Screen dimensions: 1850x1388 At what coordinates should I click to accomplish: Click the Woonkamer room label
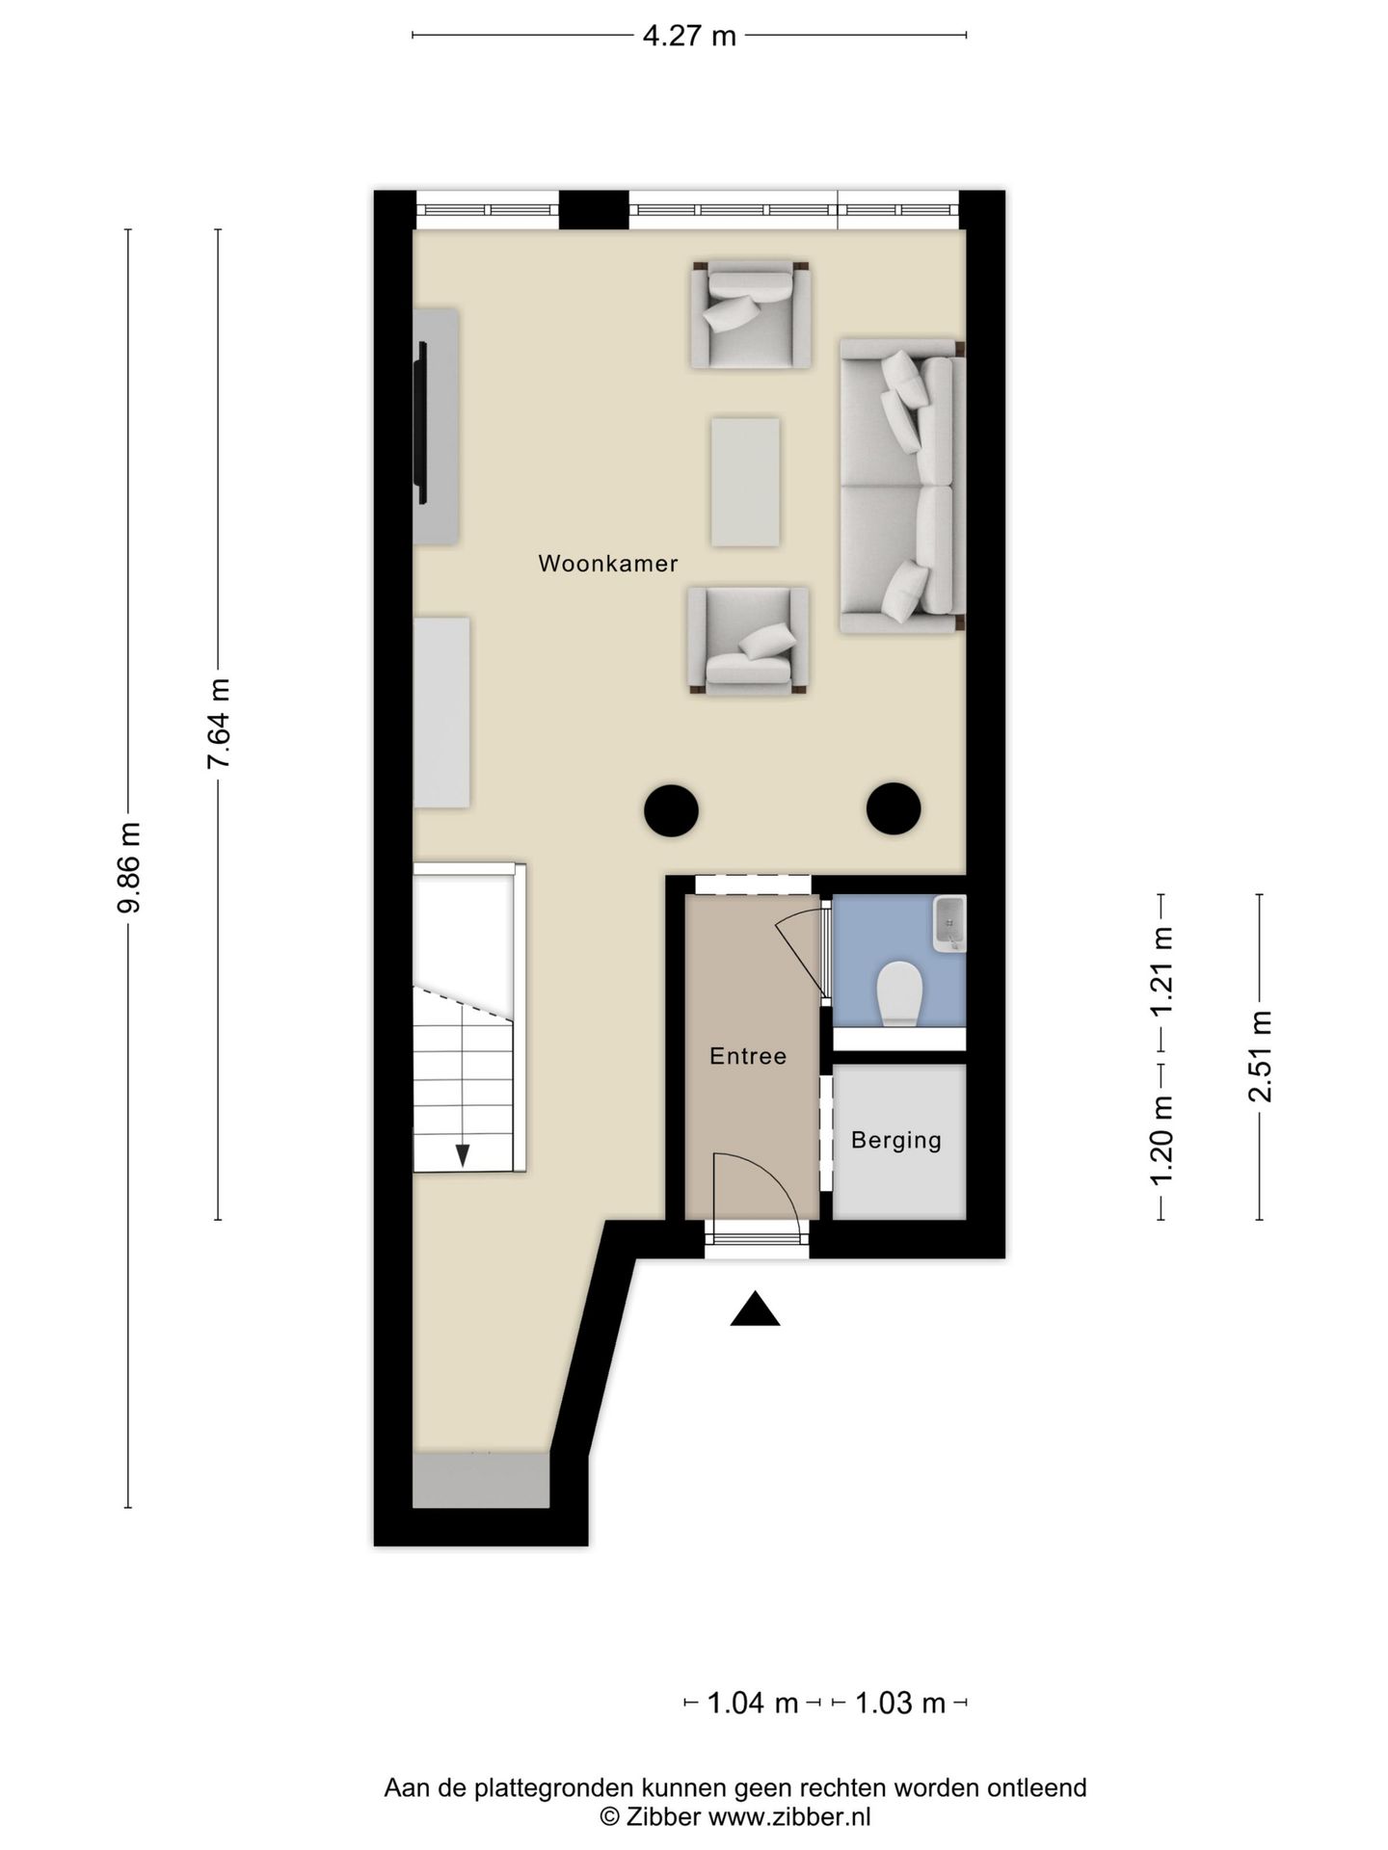[x=607, y=564]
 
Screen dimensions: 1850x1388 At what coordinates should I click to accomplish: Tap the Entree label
[x=748, y=1056]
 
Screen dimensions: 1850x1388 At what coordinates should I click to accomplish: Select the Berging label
[x=896, y=1140]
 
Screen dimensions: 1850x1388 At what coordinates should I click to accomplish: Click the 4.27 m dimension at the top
[x=689, y=37]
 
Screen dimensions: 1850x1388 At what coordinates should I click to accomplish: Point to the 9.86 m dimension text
[x=129, y=867]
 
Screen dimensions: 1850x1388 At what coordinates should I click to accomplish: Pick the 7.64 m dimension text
[x=219, y=723]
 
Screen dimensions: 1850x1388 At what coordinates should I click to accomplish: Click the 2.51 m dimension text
[x=1260, y=1057]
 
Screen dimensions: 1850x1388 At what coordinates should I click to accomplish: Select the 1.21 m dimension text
[x=1161, y=970]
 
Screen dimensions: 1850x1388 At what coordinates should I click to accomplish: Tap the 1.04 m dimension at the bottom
[x=753, y=1703]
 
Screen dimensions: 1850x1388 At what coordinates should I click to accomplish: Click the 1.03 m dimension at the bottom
[x=900, y=1703]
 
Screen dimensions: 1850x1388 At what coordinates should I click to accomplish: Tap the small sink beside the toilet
[x=948, y=923]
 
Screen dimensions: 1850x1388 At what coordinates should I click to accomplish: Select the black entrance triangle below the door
[x=755, y=1309]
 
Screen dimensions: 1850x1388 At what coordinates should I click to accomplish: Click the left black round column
[x=671, y=809]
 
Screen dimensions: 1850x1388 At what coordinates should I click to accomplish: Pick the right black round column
[x=894, y=808]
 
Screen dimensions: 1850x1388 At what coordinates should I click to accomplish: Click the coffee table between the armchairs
[x=745, y=482]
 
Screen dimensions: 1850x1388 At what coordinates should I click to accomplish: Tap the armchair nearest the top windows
[x=750, y=314]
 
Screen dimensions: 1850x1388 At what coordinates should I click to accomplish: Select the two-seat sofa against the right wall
[x=901, y=485]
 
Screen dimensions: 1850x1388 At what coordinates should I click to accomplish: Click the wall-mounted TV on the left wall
[x=421, y=424]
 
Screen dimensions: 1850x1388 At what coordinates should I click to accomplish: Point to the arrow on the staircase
[x=463, y=1154]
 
